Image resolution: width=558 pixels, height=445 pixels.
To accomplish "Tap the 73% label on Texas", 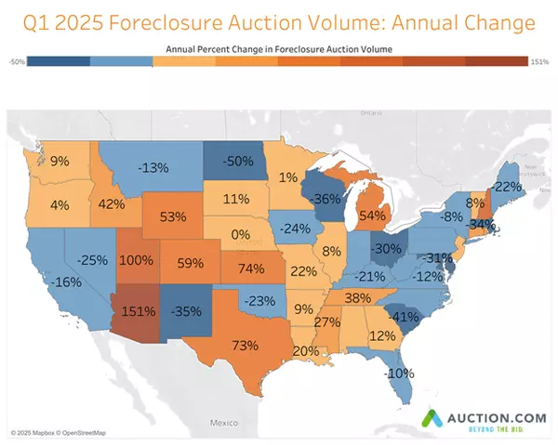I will click(x=245, y=346).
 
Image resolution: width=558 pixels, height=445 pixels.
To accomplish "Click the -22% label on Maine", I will click(x=507, y=186).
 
